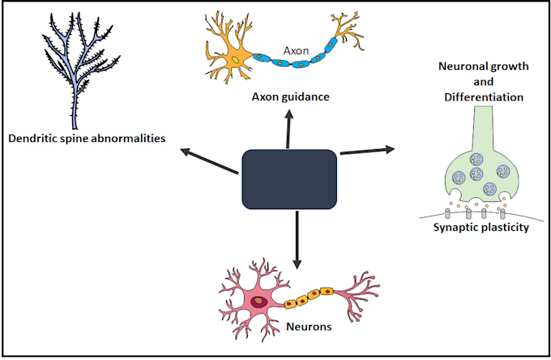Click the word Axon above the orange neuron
point(296,49)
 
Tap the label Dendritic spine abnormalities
point(88,138)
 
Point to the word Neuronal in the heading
point(460,66)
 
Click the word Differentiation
point(481,97)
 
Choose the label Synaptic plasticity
point(481,228)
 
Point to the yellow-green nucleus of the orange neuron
point(235,59)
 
